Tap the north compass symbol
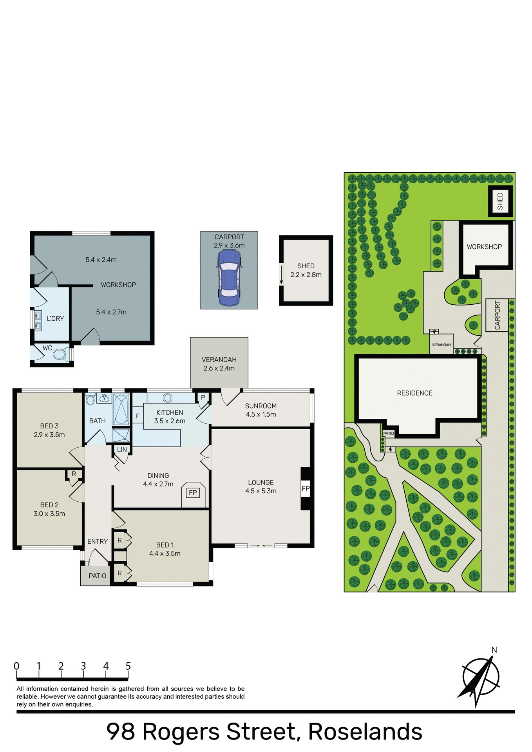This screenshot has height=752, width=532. pos(481,677)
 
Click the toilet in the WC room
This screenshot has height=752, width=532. pos(60,354)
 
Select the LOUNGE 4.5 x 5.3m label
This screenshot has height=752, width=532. pos(261,487)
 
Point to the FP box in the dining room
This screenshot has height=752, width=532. pos(193,493)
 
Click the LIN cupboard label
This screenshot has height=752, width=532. pos(122,450)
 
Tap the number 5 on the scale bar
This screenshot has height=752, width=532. pos(128,666)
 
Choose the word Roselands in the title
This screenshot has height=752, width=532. pos(365,732)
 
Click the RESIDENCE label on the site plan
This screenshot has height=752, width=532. pos(414,393)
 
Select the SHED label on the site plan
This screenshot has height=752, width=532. pos(500,201)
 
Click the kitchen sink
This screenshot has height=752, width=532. pos(168,398)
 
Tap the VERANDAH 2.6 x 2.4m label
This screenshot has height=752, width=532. pos(219,364)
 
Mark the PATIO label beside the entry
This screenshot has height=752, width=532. pos(97,576)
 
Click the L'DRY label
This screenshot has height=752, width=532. pos(55,319)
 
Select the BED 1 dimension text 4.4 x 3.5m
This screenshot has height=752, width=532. pos(165,553)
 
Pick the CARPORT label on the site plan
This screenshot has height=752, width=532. pos(498,315)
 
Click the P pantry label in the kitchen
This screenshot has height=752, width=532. pos(203,398)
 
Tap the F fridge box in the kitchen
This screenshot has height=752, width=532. pos(138,416)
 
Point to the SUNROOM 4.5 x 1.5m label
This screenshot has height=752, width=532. pos(261,410)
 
